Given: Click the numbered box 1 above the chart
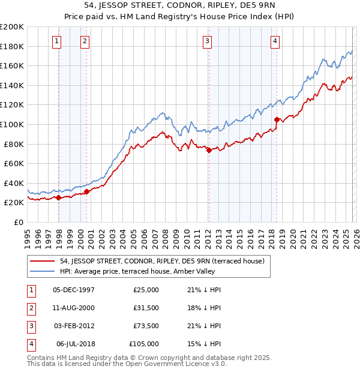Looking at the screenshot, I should [56, 41].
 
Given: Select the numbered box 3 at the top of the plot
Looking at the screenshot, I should [207, 41].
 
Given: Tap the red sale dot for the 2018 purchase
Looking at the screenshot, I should [277, 119].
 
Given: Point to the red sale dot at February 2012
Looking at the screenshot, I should [209, 151].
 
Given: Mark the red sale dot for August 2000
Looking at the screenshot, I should [86, 191].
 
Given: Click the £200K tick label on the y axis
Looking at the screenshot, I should [11, 27].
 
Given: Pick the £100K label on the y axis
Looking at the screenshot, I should [11, 124].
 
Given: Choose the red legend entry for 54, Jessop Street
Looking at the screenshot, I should [166, 261].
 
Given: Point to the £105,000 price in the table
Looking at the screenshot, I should [144, 344].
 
